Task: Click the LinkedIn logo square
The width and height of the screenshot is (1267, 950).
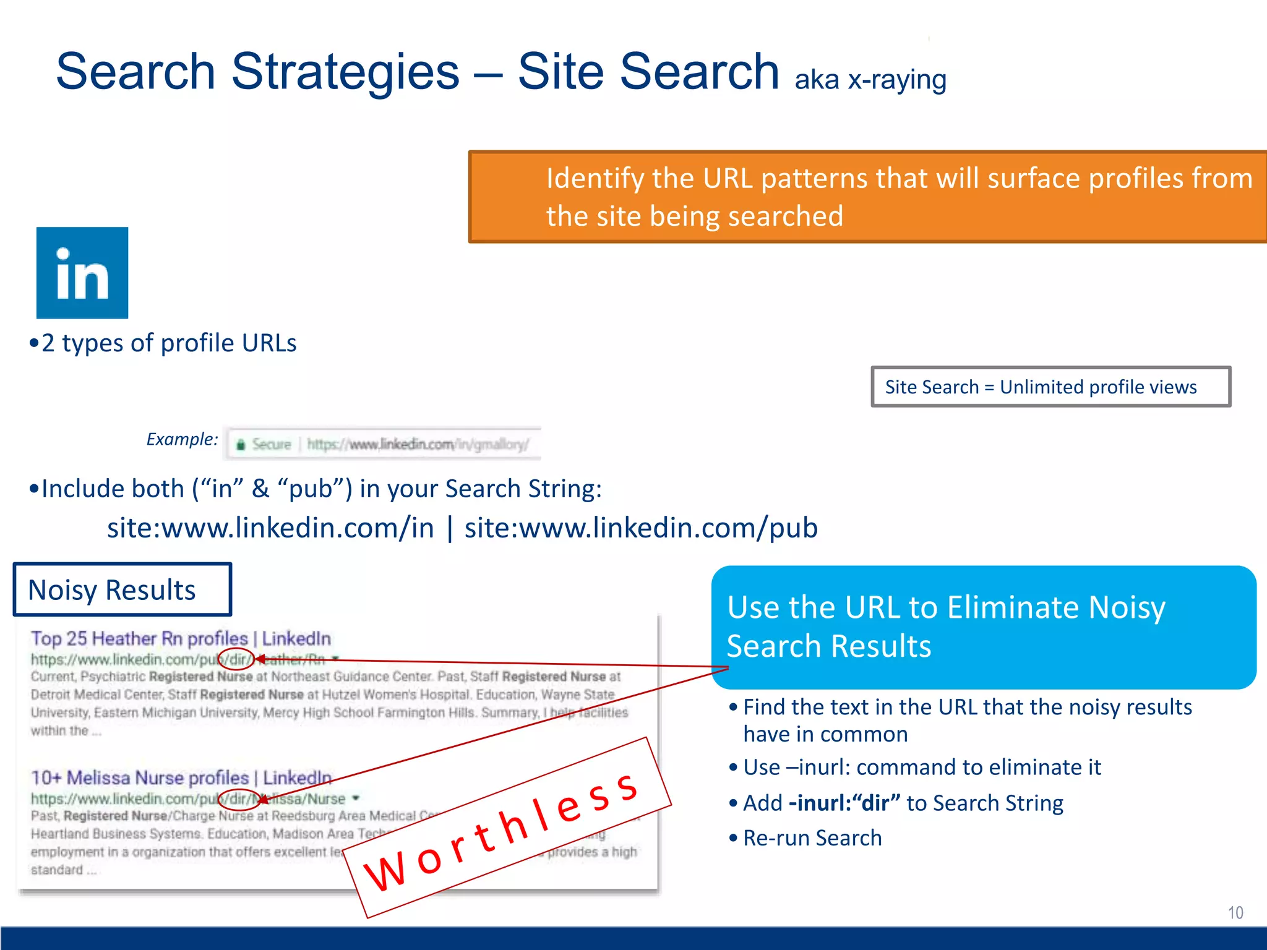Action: point(82,273)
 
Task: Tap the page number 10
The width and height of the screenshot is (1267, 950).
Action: point(1235,912)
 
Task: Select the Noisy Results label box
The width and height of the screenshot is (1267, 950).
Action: point(122,589)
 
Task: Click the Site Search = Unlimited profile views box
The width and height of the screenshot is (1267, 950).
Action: point(1050,387)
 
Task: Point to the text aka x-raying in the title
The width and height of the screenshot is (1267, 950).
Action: point(870,80)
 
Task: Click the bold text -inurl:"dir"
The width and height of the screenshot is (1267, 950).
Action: point(844,803)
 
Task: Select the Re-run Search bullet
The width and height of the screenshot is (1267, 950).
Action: point(812,838)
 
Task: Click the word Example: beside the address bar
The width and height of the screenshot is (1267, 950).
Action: point(182,439)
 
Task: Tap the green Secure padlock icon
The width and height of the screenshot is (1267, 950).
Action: point(241,445)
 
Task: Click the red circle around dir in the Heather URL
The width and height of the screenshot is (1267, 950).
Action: point(236,659)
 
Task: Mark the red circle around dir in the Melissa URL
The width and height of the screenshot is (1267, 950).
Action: point(239,799)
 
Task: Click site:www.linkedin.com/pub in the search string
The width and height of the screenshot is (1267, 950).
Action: point(641,528)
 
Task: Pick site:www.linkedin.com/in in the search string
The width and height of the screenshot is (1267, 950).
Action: point(270,528)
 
